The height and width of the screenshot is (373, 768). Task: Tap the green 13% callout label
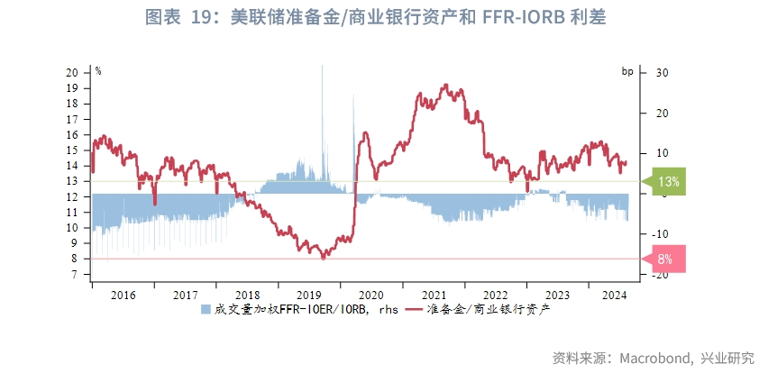point(668,181)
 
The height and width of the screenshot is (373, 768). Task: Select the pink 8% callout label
point(666,259)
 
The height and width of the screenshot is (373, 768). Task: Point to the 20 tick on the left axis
point(73,72)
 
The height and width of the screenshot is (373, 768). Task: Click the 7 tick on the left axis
point(76,275)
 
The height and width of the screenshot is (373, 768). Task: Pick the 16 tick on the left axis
point(73,134)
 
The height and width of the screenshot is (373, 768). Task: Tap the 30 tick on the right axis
point(660,72)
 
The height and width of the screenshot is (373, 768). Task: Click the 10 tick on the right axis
point(660,153)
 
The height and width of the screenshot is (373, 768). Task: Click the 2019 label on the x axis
point(309,295)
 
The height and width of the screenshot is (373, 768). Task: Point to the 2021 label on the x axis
point(434,295)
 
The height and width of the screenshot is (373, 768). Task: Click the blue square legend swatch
point(206,309)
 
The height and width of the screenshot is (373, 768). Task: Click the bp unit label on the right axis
point(627,70)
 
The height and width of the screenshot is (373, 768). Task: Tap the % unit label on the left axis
point(98,70)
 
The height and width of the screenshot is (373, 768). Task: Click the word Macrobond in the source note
point(653,358)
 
